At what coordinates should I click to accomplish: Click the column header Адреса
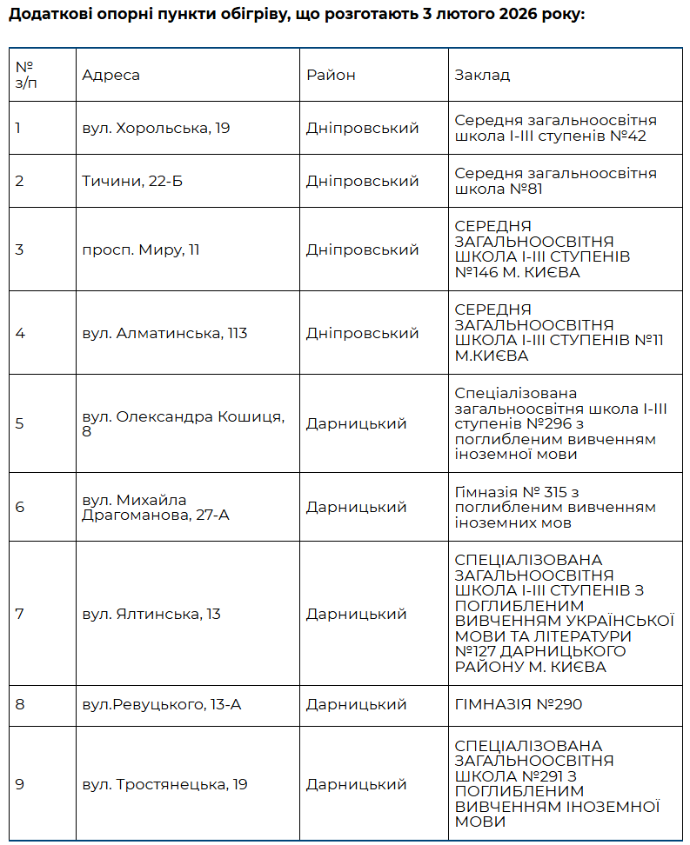111,75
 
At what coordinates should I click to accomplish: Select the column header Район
331,75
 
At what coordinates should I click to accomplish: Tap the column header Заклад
482,75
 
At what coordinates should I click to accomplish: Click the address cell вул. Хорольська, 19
156,128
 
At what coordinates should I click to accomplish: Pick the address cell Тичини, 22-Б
132,181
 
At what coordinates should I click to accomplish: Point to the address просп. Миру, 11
141,250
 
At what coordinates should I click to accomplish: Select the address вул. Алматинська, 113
164,333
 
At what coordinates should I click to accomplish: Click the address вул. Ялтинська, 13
151,614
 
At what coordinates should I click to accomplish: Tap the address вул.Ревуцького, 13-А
161,704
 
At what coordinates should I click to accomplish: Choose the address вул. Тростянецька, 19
164,784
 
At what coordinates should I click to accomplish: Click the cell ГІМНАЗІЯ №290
519,704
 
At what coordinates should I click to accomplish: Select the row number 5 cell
19,423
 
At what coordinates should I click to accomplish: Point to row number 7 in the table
19,614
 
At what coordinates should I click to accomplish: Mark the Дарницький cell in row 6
356,507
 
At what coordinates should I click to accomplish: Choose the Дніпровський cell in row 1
362,128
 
